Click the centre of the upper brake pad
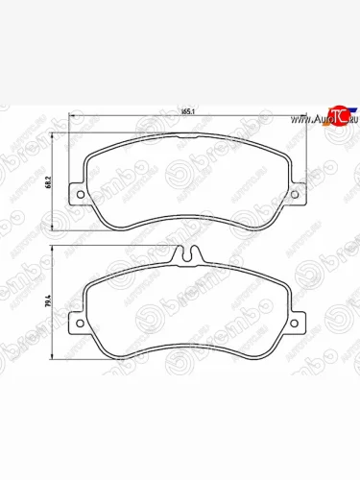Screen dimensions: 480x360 tap(182, 187)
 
